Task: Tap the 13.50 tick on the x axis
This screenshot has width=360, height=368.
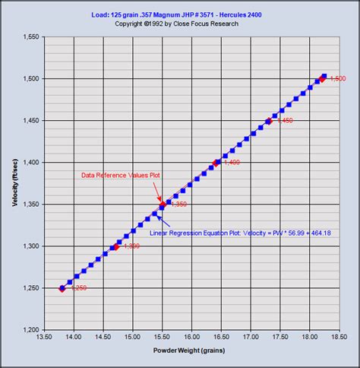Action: tap(44, 338)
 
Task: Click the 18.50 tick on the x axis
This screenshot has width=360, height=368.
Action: tap(339, 338)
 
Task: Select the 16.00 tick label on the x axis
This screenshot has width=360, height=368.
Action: tap(191, 338)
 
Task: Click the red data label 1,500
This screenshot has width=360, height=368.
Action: tap(337, 79)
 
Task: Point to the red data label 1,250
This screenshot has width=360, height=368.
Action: tap(78, 287)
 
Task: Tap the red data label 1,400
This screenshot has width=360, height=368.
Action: tap(232, 163)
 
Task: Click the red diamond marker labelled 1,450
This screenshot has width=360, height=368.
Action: tap(269, 121)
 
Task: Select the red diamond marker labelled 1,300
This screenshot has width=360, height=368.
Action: tap(115, 246)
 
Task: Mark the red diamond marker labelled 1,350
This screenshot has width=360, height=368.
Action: tap(162, 205)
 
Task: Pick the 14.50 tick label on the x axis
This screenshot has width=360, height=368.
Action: tap(103, 338)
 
